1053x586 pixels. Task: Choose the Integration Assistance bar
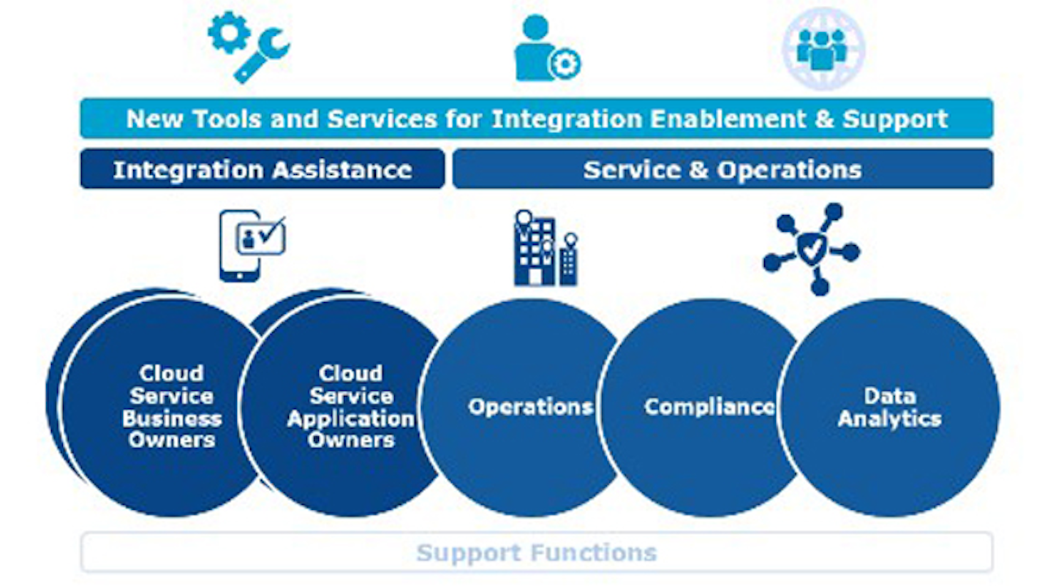click(262, 170)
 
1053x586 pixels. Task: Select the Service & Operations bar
click(722, 170)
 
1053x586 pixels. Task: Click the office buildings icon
click(546, 249)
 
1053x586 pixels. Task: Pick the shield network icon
click(811, 249)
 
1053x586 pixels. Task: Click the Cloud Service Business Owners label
click(172, 407)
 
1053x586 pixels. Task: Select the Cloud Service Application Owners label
click(351, 407)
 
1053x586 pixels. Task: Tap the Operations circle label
click(531, 407)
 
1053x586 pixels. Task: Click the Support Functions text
click(537, 552)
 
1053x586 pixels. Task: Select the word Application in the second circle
click(351, 418)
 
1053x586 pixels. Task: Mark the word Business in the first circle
click(172, 418)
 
